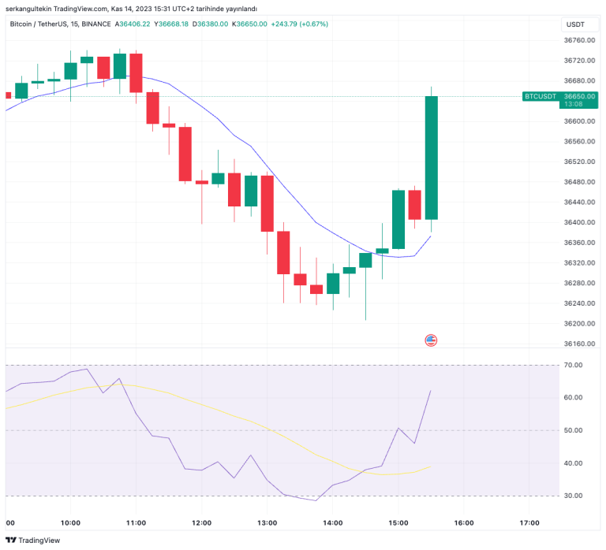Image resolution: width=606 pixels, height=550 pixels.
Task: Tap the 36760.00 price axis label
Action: click(x=578, y=40)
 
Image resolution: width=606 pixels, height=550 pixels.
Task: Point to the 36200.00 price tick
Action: click(x=578, y=324)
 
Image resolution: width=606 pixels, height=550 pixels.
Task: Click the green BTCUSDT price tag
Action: click(x=541, y=96)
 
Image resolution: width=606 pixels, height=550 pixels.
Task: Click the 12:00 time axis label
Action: click(x=201, y=522)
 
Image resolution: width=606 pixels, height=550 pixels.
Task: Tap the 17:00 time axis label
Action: click(x=529, y=522)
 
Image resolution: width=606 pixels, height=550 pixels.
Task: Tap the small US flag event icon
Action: click(x=431, y=340)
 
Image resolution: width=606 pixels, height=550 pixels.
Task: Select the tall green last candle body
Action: click(x=431, y=158)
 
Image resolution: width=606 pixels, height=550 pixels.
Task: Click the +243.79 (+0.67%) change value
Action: click(x=299, y=24)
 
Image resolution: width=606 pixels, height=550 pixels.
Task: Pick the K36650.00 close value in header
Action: click(x=248, y=24)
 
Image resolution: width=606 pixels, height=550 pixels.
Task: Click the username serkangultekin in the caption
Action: click(x=30, y=8)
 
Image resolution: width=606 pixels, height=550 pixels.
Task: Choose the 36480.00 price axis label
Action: click(x=578, y=182)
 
